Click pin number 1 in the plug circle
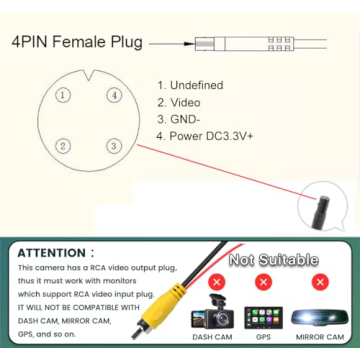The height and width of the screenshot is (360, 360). [x=63, y=95]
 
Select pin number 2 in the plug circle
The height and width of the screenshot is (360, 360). [x=63, y=146]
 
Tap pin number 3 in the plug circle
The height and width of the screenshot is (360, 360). [x=114, y=146]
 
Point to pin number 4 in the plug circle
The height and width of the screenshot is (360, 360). [x=114, y=95]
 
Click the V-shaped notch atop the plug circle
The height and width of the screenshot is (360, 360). [x=89, y=75]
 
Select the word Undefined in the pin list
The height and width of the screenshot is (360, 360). [x=197, y=85]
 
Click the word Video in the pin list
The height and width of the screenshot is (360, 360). [x=185, y=103]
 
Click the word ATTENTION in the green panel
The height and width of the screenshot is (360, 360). [x=52, y=253]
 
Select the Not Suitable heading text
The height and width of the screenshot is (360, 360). [x=273, y=259]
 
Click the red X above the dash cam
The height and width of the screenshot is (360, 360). [x=217, y=283]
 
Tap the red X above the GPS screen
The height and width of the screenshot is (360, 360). [x=263, y=283]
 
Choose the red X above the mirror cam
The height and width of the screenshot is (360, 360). [x=320, y=283]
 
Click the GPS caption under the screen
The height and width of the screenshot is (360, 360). [x=263, y=337]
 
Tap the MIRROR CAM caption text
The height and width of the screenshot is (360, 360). [x=320, y=337]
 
